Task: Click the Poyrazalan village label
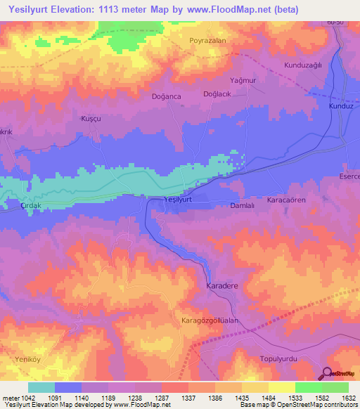[207, 41]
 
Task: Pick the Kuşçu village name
[91, 119]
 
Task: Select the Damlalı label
[243, 205]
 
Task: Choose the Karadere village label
[222, 287]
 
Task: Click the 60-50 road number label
[335, 23]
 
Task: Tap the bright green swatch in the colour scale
[308, 388]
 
